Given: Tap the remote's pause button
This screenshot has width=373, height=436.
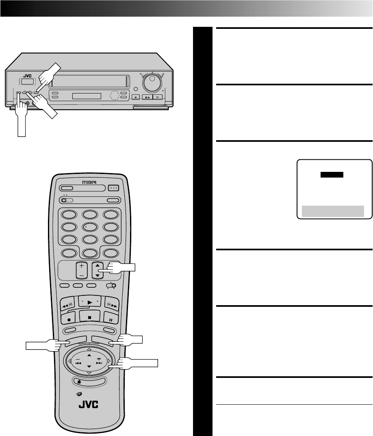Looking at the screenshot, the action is click(111, 317).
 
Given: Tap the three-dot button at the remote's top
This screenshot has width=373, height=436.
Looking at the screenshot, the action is click(113, 188).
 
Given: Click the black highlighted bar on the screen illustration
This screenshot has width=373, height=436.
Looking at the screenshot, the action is click(332, 175).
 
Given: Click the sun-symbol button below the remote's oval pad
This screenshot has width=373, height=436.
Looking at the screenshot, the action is click(89, 381).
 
